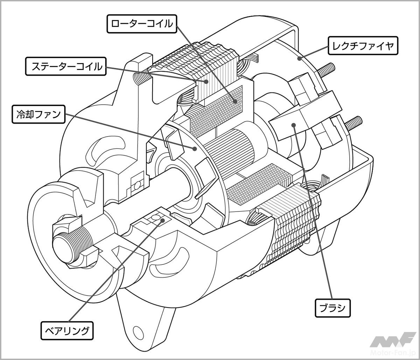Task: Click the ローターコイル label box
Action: pos(141,24)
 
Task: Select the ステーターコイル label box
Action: pos(66,67)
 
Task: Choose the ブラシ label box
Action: pos(332,308)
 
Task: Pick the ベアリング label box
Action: pos(68,330)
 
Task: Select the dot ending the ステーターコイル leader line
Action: pos(206,82)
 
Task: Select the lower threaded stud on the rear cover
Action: pos(354,123)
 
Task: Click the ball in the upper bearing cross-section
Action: pos(138,183)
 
